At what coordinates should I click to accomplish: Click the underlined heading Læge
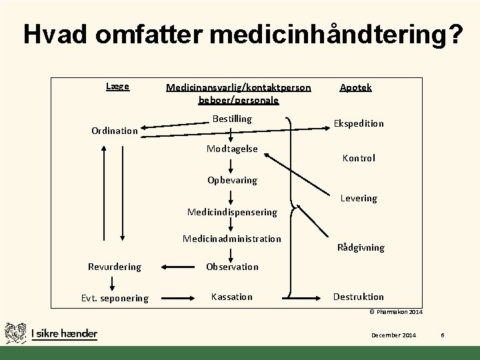point(117,87)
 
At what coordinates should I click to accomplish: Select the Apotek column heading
point(356,87)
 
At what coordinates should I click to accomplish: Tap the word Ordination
point(115,131)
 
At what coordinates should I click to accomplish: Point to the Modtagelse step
point(231,149)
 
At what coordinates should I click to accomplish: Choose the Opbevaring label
point(231,180)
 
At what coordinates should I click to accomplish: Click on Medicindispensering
point(232,212)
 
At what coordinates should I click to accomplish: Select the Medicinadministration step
point(232,239)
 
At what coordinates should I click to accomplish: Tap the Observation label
point(232,267)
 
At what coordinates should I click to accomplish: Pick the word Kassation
point(232,297)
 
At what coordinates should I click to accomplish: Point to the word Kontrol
point(359,158)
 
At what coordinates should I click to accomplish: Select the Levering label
point(359,198)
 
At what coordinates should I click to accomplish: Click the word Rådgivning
point(361,247)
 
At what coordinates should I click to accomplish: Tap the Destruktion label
point(359,297)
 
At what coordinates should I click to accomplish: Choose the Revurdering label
point(115,267)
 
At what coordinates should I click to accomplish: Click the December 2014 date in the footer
point(394,335)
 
